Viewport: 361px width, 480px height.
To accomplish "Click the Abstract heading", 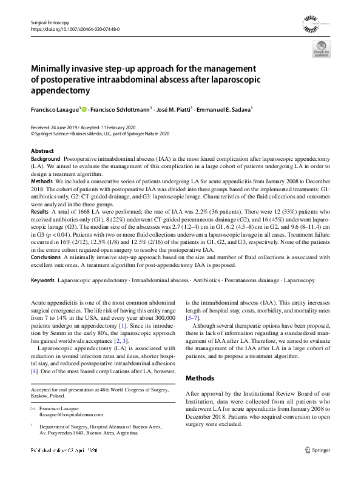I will [x=42, y=150].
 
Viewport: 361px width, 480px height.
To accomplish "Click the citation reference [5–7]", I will [x=194, y=317].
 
